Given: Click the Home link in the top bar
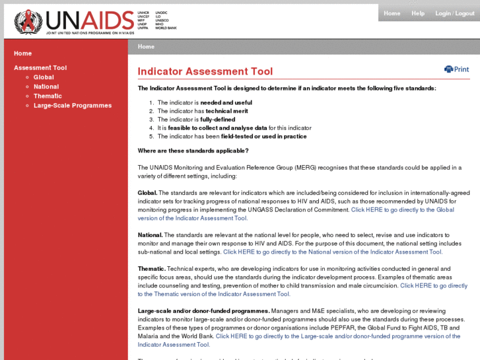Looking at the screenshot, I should click(392, 13).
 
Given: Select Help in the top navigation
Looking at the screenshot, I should click(418, 13).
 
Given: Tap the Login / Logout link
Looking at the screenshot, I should click(455, 13).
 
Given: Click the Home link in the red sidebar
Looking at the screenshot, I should click(22, 54).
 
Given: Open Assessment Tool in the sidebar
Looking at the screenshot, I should click(40, 68).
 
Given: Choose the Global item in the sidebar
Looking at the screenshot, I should click(44, 77).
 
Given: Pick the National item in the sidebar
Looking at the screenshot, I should click(46, 87).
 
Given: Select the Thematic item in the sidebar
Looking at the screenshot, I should click(48, 96).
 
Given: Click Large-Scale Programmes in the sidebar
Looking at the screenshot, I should click(73, 106).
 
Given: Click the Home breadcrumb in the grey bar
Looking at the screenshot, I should click(146, 47).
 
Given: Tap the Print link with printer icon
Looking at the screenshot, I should click(457, 69).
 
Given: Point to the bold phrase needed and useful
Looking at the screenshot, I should click(226, 102).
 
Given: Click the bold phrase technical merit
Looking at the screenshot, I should click(226, 111).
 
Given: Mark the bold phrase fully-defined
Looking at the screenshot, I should click(217, 120).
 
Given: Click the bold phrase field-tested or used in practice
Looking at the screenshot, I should click(263, 136).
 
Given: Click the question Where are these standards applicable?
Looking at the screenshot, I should click(193, 151).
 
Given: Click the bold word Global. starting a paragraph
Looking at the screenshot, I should click(147, 192).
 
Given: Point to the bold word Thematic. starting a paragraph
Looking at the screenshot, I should click(151, 268).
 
